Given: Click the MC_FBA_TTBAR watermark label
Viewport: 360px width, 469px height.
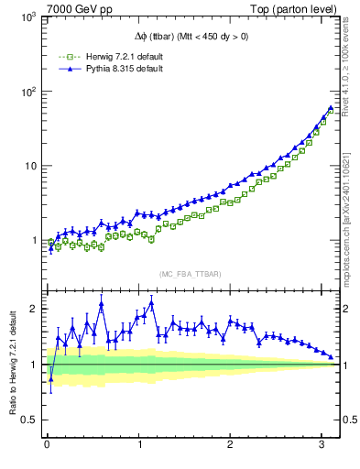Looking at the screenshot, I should [x=190, y=274].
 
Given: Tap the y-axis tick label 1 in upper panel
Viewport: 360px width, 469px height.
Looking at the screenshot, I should [x=32, y=241].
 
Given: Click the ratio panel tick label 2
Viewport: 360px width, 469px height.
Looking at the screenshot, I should [x=32, y=309].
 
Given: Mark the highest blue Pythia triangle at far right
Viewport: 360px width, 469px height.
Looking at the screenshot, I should [x=330, y=107].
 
